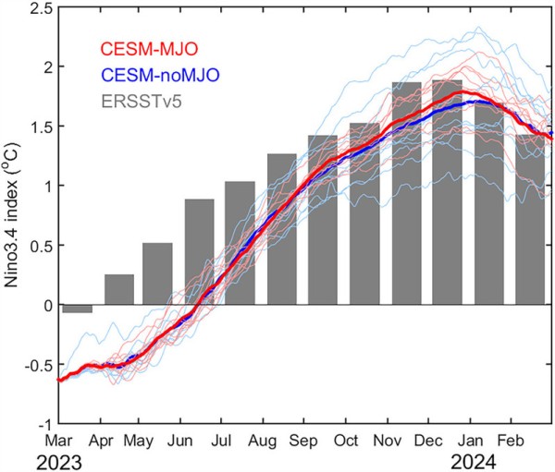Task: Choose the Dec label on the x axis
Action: pyautogui.click(x=430, y=440)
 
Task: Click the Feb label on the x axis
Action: pyautogui.click(x=512, y=440)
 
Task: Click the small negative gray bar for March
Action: pyautogui.click(x=77, y=309)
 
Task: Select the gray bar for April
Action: pyautogui.click(x=118, y=289)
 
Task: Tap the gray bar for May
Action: pyautogui.click(x=157, y=273)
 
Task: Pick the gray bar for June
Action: pyautogui.click(x=199, y=251)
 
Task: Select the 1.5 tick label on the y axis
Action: pyautogui.click(x=36, y=127)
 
